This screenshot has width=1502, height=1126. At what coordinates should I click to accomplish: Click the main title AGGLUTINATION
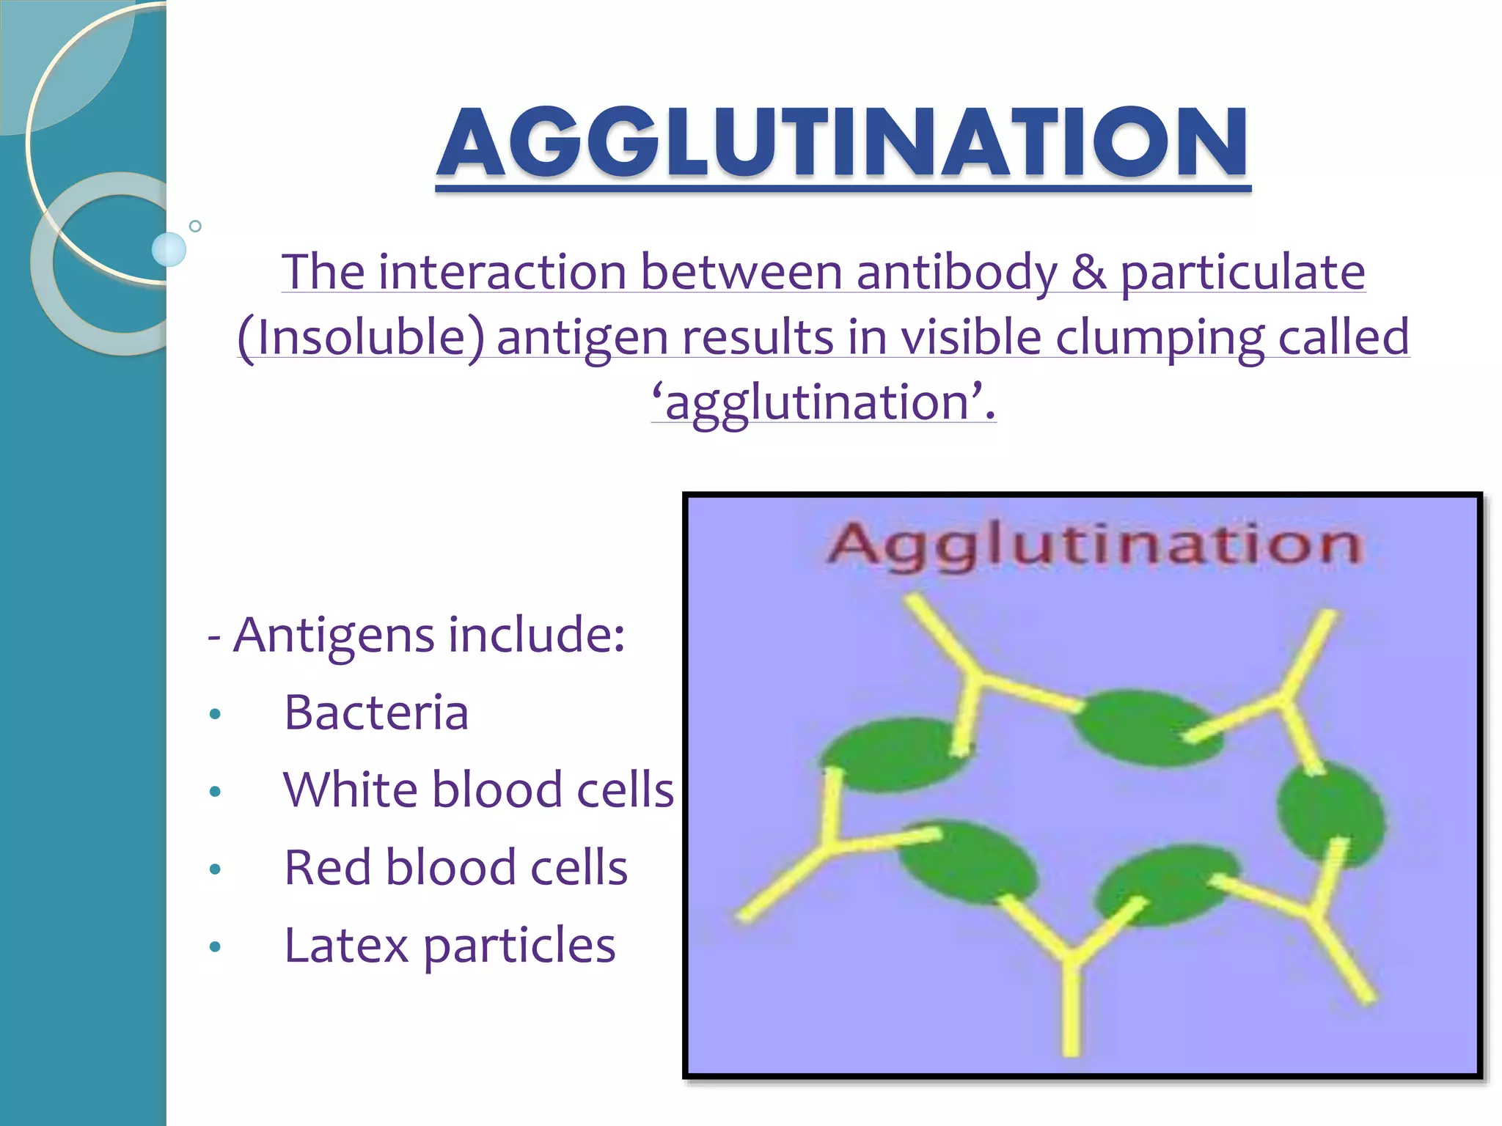pyautogui.click(x=842, y=143)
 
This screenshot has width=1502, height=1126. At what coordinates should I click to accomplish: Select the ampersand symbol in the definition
pyautogui.click(x=1088, y=273)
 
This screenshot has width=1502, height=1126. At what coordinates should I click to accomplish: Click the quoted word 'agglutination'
pyautogui.click(x=823, y=402)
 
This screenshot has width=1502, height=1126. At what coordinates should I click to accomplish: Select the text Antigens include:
pyautogui.click(x=428, y=635)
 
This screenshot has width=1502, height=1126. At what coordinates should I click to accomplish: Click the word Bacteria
pyautogui.click(x=376, y=713)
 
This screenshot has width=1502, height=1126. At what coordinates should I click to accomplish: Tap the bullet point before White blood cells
pyautogui.click(x=215, y=791)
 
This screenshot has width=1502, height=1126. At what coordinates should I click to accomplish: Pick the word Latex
pyautogui.click(x=345, y=946)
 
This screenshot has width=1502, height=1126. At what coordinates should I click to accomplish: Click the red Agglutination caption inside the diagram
pyautogui.click(x=1094, y=545)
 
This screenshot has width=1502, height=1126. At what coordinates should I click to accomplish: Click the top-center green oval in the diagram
pyautogui.click(x=1144, y=727)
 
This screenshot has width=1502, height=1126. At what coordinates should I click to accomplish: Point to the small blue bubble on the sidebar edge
pyautogui.click(x=169, y=249)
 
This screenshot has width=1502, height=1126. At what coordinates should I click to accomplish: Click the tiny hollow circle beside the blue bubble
pyautogui.click(x=195, y=226)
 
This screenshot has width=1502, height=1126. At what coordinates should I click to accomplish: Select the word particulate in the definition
pyautogui.click(x=1242, y=273)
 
